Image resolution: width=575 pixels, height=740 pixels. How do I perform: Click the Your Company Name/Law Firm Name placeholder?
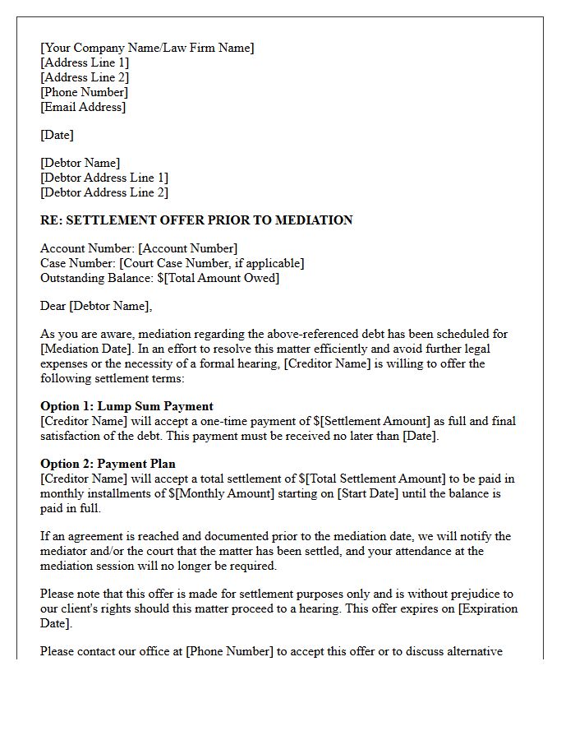click(147, 48)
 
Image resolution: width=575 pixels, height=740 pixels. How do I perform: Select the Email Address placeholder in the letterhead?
click(83, 107)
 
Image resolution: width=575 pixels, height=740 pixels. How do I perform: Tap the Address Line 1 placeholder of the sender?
click(85, 62)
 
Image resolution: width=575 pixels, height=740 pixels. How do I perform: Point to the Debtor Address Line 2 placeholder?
click(104, 192)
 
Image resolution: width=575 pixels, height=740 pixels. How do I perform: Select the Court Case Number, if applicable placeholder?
click(212, 263)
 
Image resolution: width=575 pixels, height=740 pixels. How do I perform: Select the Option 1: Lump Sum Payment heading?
click(126, 406)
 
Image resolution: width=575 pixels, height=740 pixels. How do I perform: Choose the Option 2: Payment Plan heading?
click(108, 464)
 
